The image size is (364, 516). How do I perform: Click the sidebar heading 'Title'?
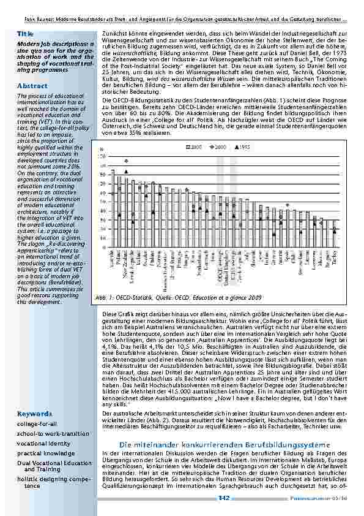pos(25,32)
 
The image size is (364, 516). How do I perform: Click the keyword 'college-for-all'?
pos(38,406)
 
